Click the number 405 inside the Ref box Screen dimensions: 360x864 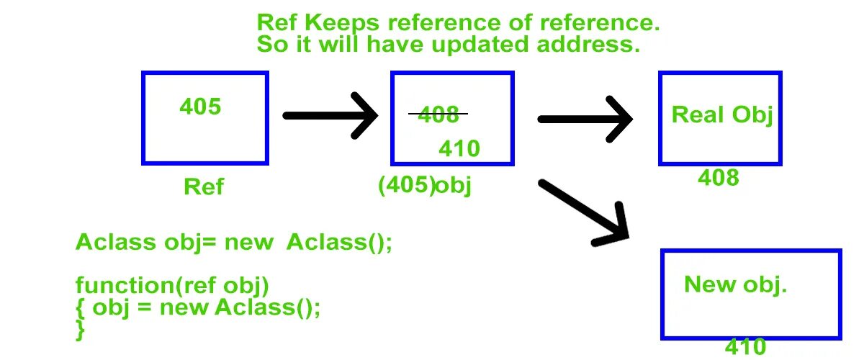200,107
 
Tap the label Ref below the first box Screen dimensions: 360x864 204,187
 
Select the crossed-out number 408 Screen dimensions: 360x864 438,114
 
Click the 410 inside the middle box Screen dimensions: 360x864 459,148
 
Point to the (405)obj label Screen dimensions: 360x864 424,186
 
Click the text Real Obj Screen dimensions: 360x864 721,114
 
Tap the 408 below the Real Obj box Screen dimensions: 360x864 719,178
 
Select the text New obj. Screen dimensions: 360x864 735,284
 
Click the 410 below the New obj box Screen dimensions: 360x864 745,347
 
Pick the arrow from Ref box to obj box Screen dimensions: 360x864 330,115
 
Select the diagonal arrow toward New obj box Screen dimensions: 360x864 583,210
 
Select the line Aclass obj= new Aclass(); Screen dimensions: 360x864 234,242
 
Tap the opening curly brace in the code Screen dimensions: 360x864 79,308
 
